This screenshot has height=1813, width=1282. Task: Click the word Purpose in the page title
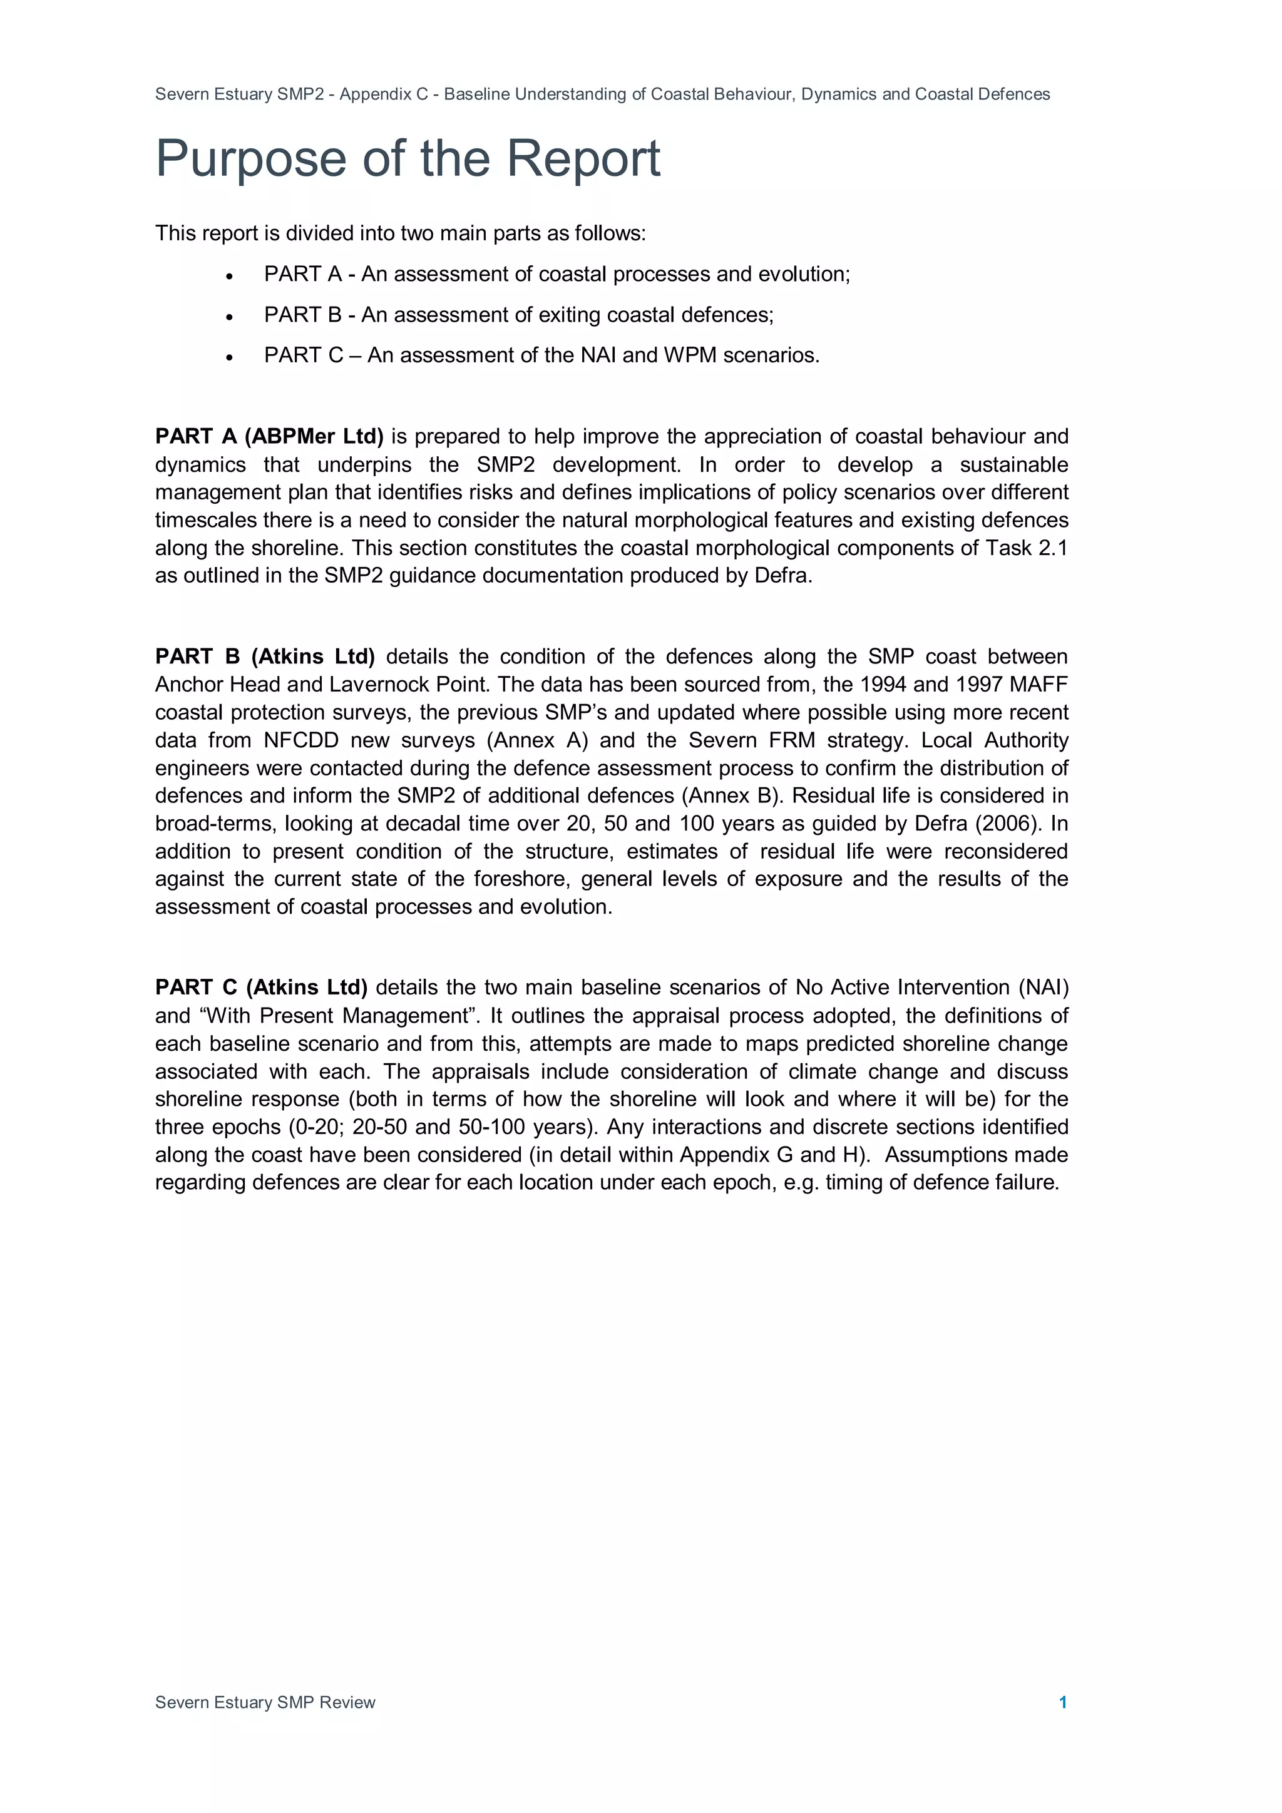pos(250,160)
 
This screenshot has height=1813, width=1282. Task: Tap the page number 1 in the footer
pos(1062,1702)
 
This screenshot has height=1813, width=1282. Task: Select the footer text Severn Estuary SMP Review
pos(265,1702)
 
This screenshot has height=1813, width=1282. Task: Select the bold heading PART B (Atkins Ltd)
pos(265,656)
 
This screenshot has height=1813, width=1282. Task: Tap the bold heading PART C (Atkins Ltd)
pos(262,987)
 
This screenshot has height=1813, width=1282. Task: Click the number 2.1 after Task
pos(1052,548)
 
